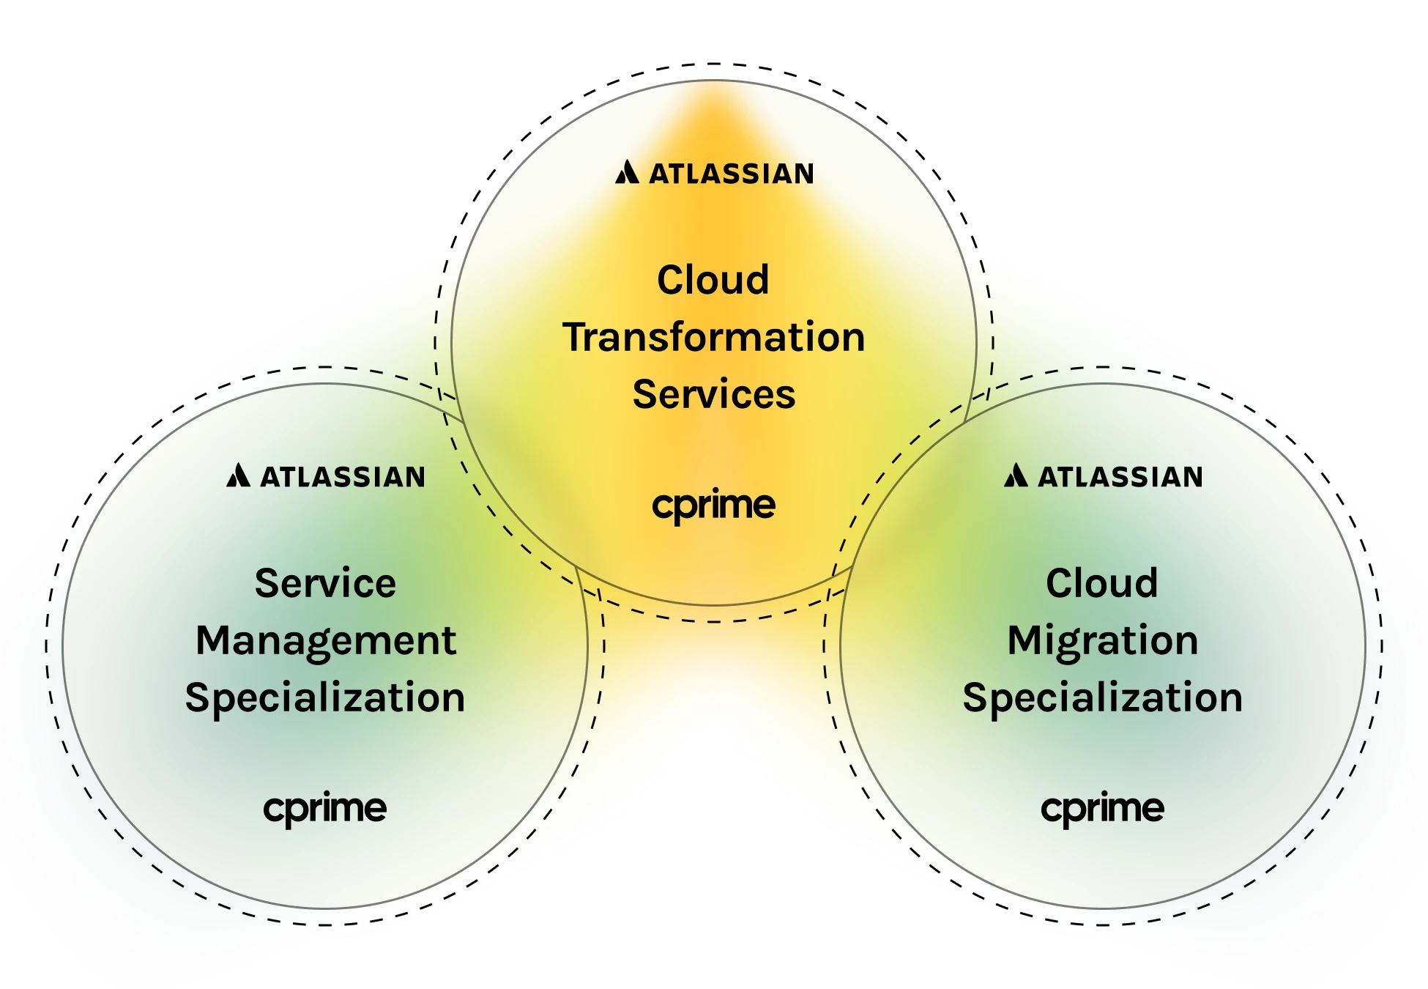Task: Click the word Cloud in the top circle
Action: (x=713, y=280)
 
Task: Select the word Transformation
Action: (x=714, y=337)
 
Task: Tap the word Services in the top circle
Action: (x=714, y=394)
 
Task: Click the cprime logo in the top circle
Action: (x=713, y=506)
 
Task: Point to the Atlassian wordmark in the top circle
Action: (x=731, y=174)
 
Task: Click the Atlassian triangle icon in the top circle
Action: (x=627, y=172)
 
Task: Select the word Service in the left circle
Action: (x=325, y=583)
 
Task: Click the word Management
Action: (x=326, y=642)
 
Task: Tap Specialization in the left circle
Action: (x=325, y=697)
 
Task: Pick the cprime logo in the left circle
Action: (x=324, y=810)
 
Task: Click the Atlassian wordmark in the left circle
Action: (x=343, y=477)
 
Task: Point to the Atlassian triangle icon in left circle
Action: (x=238, y=475)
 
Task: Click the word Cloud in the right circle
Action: (x=1101, y=583)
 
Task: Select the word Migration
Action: (x=1102, y=642)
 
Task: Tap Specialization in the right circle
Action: (x=1102, y=697)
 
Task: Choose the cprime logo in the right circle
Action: (x=1102, y=810)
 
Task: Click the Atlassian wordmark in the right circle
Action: (x=1120, y=477)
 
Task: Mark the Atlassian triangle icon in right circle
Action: (x=1016, y=475)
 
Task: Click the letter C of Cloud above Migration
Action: (x=1059, y=583)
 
